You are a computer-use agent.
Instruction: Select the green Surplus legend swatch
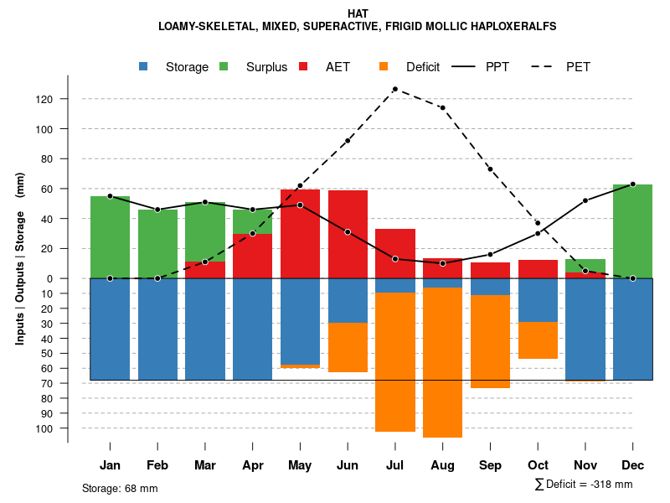click(224, 66)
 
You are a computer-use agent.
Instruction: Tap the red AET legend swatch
click(303, 66)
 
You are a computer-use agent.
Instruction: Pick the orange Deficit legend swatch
click(384, 66)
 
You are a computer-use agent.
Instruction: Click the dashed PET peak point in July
click(394, 89)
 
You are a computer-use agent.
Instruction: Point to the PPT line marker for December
click(632, 184)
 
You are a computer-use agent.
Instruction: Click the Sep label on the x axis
click(490, 465)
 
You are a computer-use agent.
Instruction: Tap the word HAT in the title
click(357, 14)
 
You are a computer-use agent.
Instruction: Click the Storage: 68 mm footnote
click(120, 488)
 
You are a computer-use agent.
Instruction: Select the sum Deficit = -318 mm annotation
click(583, 484)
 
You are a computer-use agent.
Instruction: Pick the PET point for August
click(442, 107)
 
